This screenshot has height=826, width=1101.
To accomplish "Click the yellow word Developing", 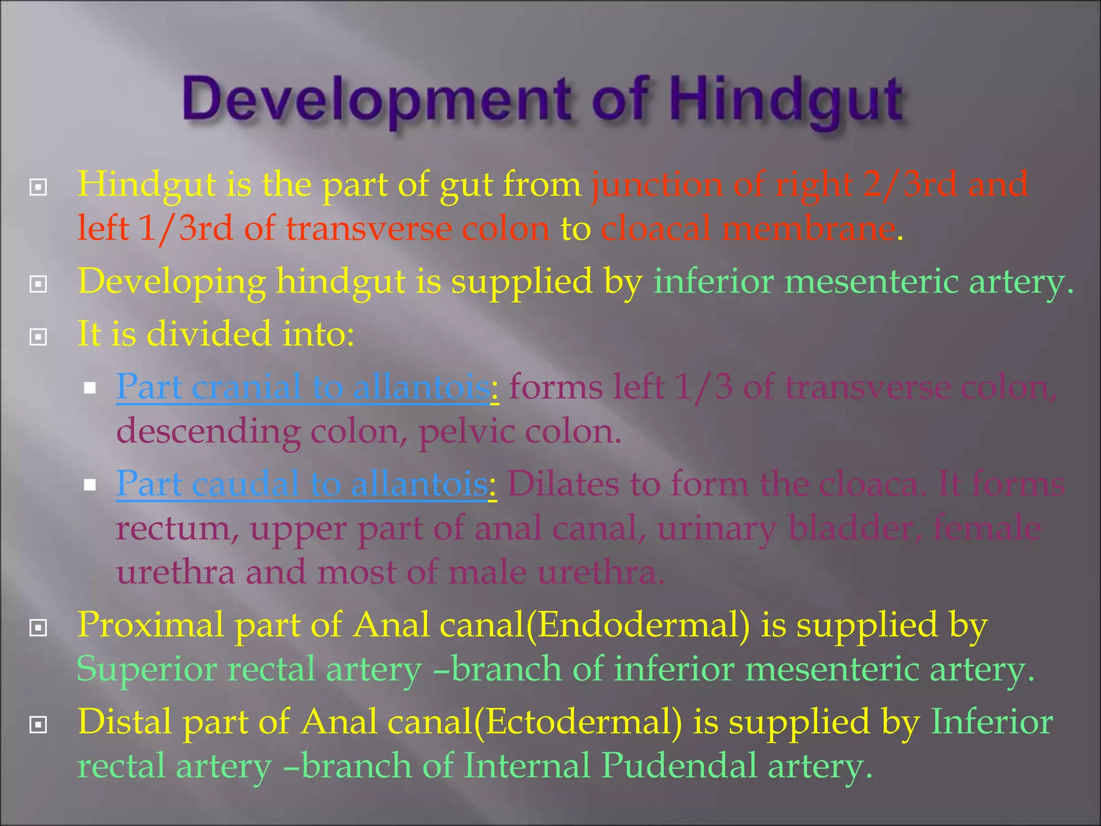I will coord(172,282).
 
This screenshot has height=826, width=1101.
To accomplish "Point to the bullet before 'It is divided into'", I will coord(38,337).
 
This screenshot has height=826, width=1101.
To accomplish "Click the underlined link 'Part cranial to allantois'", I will coord(304,387).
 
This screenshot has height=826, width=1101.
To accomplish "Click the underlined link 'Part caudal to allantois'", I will coord(303,483).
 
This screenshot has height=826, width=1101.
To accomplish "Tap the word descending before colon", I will coord(208,431).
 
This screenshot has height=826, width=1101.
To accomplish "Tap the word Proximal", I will coord(151,625).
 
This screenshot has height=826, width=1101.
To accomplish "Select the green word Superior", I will coord(146,670).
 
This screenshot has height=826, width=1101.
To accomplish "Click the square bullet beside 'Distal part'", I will coord(38,724).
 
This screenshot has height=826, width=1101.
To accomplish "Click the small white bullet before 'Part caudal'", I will coord(90,485).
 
